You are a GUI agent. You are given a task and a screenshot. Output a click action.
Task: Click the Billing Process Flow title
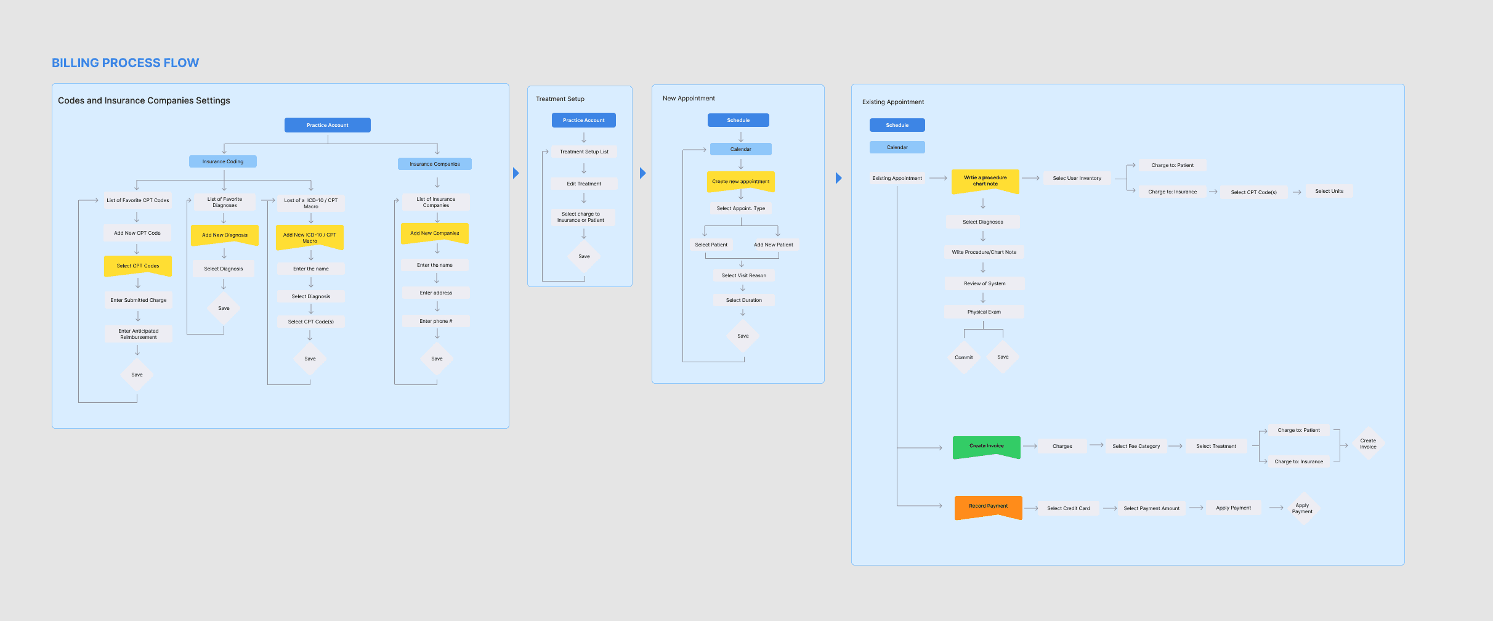[125, 63]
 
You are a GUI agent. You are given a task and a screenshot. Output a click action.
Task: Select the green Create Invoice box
[986, 446]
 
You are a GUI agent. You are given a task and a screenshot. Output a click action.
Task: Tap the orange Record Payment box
[988, 506]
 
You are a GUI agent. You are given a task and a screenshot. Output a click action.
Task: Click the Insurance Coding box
[223, 161]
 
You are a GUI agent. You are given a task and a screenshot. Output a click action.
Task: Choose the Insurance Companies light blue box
[435, 164]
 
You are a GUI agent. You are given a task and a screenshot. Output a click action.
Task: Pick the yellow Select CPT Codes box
[138, 266]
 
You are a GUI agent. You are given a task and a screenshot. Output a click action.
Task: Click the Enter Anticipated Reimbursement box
[139, 334]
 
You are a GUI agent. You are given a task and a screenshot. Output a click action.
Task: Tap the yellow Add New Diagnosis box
[225, 235]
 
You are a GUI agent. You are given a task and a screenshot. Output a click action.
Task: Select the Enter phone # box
[436, 321]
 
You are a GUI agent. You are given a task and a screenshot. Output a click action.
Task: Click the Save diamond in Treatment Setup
[584, 256]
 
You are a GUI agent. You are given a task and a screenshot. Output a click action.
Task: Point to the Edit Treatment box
[584, 184]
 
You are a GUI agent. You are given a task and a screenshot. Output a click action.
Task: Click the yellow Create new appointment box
[741, 181]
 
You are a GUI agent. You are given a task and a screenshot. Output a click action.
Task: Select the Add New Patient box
[774, 245]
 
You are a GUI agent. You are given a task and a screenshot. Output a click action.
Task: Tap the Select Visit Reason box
[744, 275]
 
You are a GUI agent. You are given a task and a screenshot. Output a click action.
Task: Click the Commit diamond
[964, 357]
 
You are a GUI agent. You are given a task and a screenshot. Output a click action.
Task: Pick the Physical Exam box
[984, 312]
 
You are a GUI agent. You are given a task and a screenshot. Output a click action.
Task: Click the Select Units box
[1329, 191]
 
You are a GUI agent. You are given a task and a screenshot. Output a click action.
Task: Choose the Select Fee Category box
[1136, 446]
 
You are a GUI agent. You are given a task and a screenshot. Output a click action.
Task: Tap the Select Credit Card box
[1069, 508]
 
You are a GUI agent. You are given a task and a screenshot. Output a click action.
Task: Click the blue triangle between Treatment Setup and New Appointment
[642, 173]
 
